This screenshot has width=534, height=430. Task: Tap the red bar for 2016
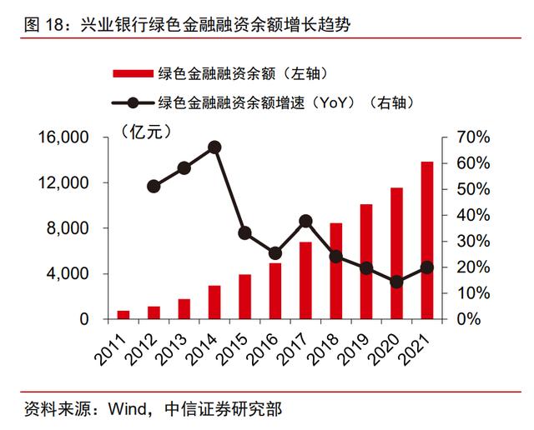[275, 291]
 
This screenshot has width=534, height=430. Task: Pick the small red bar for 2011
[123, 314]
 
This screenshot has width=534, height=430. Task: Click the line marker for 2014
[214, 147]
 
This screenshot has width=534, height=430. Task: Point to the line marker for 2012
[154, 186]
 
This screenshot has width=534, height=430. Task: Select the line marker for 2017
[305, 221]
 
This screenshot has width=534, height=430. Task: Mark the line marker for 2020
[396, 282]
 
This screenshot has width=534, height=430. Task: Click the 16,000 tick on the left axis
[65, 137]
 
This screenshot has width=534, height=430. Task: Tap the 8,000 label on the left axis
[70, 228]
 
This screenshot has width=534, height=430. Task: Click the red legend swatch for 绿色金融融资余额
[133, 73]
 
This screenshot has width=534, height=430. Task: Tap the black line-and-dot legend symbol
[133, 103]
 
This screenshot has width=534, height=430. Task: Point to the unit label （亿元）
[145, 131]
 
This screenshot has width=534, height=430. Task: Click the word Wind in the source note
[123, 409]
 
